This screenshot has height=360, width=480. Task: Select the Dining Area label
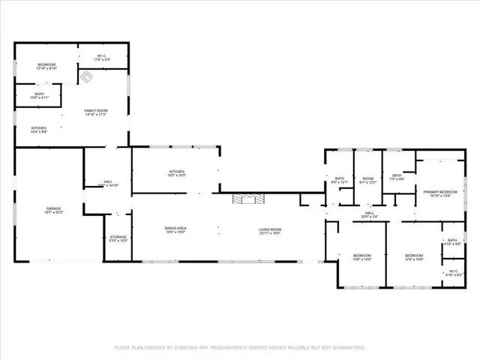click(175, 230)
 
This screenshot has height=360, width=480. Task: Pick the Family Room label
click(95, 112)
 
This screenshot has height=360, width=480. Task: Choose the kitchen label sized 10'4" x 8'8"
click(39, 129)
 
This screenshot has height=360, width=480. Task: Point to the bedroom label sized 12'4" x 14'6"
click(414, 256)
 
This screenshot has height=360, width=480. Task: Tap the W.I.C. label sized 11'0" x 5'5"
click(103, 57)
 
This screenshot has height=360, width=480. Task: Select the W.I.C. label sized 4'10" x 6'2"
click(453, 272)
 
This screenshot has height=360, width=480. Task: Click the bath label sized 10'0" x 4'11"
click(39, 95)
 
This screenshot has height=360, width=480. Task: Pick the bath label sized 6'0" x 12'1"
click(339, 180)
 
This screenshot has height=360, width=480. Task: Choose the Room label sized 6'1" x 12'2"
click(367, 180)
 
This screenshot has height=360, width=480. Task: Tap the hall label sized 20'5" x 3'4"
click(369, 214)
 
